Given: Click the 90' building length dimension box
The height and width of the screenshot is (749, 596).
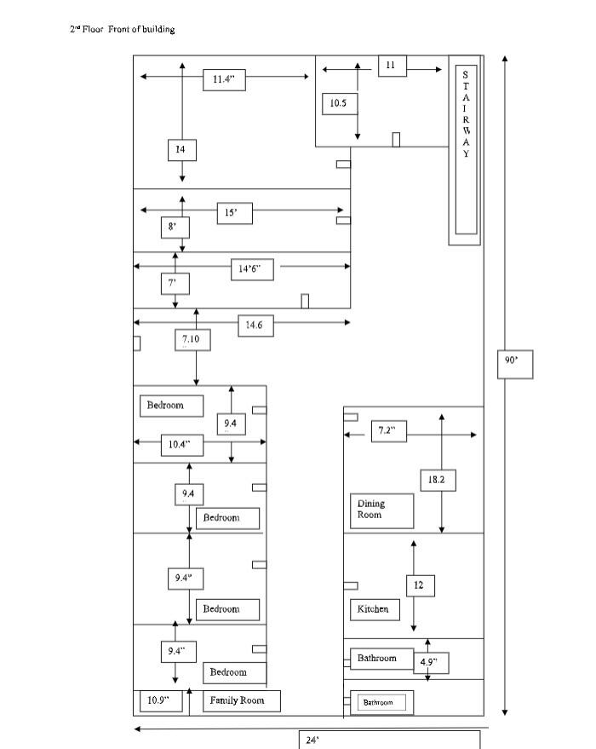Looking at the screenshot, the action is click(515, 365).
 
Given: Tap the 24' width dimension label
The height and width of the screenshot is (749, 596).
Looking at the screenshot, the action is click(312, 740).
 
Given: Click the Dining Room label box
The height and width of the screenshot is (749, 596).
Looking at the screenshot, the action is click(381, 510).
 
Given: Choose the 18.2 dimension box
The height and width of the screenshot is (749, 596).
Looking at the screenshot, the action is click(438, 480).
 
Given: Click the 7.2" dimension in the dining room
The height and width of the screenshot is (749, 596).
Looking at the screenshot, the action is click(389, 431).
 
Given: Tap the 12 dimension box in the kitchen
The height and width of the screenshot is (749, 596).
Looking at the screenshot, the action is click(421, 585).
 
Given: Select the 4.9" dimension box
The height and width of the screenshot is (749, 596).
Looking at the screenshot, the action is click(431, 663).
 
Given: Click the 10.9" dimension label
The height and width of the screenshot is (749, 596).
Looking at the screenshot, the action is click(161, 700).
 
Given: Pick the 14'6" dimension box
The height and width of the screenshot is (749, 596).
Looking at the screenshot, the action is click(252, 269).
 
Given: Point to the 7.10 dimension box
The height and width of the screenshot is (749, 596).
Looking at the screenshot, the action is click(192, 340).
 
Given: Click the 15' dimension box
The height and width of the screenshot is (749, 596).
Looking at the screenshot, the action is click(234, 213).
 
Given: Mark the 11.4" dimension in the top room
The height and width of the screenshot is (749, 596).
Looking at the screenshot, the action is click(224, 80).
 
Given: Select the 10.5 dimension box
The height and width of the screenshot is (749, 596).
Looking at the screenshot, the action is click(340, 104).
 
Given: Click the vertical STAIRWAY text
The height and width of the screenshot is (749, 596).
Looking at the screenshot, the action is click(466, 114).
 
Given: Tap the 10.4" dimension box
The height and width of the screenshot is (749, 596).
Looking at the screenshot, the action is click(182, 445).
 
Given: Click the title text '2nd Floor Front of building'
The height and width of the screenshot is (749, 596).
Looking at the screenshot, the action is click(122, 29).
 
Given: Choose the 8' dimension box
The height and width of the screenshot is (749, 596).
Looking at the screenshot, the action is click(175, 228).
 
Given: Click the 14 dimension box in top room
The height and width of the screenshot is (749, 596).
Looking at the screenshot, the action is click(182, 150).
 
